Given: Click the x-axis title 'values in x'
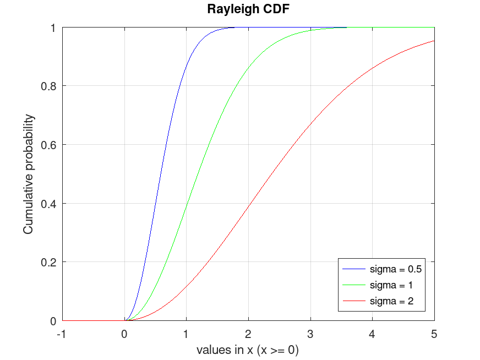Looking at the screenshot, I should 248,350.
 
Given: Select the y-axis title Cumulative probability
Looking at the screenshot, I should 28,174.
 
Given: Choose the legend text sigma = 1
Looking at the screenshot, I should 391,285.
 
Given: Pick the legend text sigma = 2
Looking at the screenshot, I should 391,301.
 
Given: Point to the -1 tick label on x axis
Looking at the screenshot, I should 62,333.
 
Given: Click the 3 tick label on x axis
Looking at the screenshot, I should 310,333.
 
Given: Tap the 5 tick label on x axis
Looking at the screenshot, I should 434,333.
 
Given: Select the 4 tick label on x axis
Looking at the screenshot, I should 373,333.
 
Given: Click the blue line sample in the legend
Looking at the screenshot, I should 353,270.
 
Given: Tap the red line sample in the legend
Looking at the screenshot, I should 353,301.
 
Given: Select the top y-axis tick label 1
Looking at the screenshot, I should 54,28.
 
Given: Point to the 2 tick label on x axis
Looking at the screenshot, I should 248,333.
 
